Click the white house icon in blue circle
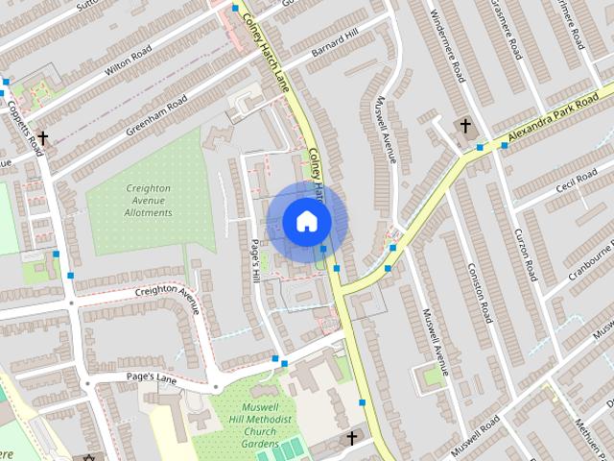(306, 222)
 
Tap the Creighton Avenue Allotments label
(149, 201)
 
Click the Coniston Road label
(479, 292)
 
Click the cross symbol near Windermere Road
(465, 127)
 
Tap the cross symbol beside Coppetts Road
(42, 139)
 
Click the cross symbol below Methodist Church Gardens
(351, 439)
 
